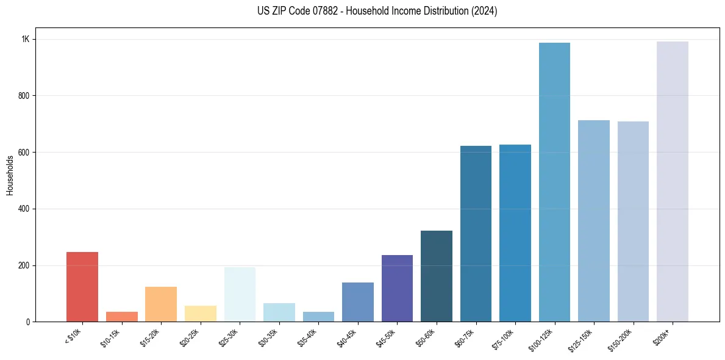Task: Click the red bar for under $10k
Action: point(82,287)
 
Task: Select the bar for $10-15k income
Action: point(121,317)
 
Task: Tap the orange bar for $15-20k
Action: point(161,304)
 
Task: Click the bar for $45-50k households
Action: point(397,288)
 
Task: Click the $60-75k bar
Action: point(476,234)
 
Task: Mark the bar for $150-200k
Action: point(633,221)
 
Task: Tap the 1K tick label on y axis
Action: point(26,39)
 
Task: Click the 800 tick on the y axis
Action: point(24,96)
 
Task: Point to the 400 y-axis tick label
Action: point(24,209)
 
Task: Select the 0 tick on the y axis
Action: point(28,322)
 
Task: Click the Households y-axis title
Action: point(10,175)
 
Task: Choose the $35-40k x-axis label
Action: point(309,337)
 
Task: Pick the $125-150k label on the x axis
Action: point(583,339)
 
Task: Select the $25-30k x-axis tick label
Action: point(230,337)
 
